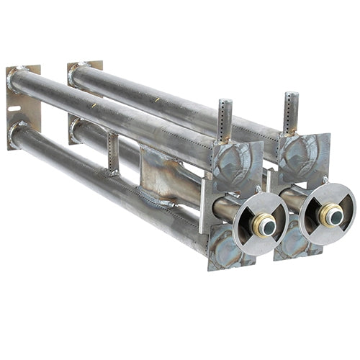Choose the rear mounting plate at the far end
(x=84, y=72)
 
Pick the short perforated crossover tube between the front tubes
(x=112, y=152)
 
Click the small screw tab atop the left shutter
(x=258, y=189)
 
